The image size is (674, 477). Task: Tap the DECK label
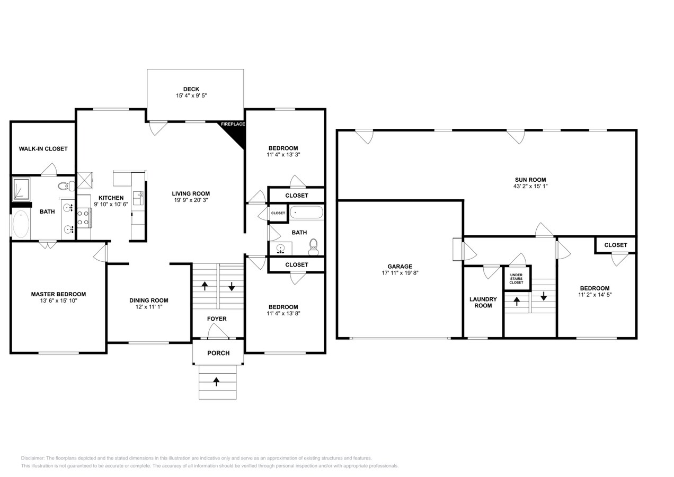[191, 89]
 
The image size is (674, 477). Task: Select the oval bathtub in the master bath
[21, 224]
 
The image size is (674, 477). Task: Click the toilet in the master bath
[65, 186]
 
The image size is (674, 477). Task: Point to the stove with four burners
[83, 218]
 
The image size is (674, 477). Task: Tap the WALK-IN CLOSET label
[43, 149]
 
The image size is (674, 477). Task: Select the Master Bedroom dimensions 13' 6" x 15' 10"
[58, 301]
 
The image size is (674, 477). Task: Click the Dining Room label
[149, 301]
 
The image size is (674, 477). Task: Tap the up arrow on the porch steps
[216, 381]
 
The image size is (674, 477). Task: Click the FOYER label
[217, 319]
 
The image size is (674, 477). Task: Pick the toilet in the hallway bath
[313, 246]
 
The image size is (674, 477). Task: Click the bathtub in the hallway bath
[306, 213]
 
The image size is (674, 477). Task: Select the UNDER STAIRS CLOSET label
[516, 279]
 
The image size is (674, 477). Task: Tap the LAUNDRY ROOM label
[483, 302]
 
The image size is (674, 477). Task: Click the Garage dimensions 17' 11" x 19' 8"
[400, 273]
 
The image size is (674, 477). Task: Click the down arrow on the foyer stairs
[232, 286]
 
